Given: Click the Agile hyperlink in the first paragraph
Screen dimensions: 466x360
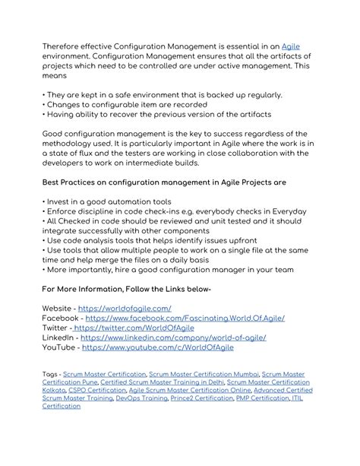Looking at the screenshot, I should point(291,46).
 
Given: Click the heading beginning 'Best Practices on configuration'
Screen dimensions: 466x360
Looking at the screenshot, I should point(174,182).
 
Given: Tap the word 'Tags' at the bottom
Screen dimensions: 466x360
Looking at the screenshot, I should point(50,375).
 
